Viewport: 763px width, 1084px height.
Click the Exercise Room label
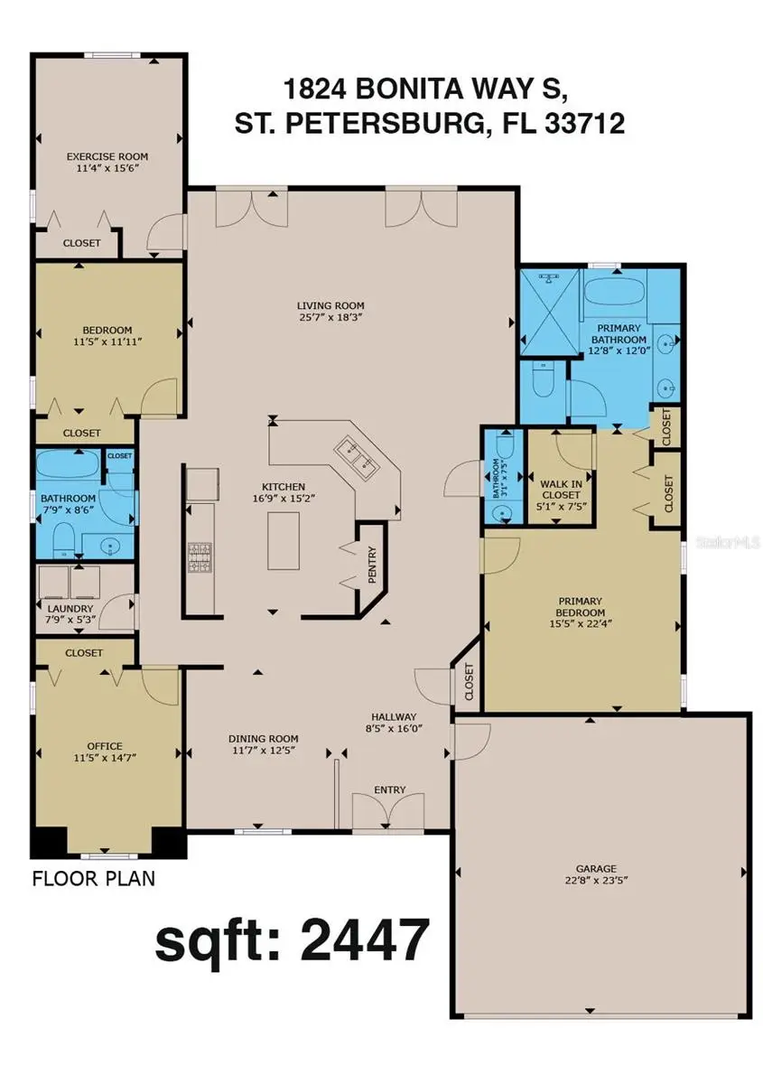pos(107,156)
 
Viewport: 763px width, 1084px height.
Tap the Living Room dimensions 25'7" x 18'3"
pos(331,317)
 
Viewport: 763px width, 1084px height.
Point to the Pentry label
pos(371,565)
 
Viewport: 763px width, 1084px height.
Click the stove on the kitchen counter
pos(200,557)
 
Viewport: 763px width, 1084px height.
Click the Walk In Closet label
pos(561,489)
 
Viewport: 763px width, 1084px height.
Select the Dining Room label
pos(261,738)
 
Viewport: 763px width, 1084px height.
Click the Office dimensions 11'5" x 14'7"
pos(104,758)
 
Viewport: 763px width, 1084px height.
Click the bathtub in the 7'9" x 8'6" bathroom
pos(67,470)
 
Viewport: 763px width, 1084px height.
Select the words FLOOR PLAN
pos(93,878)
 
